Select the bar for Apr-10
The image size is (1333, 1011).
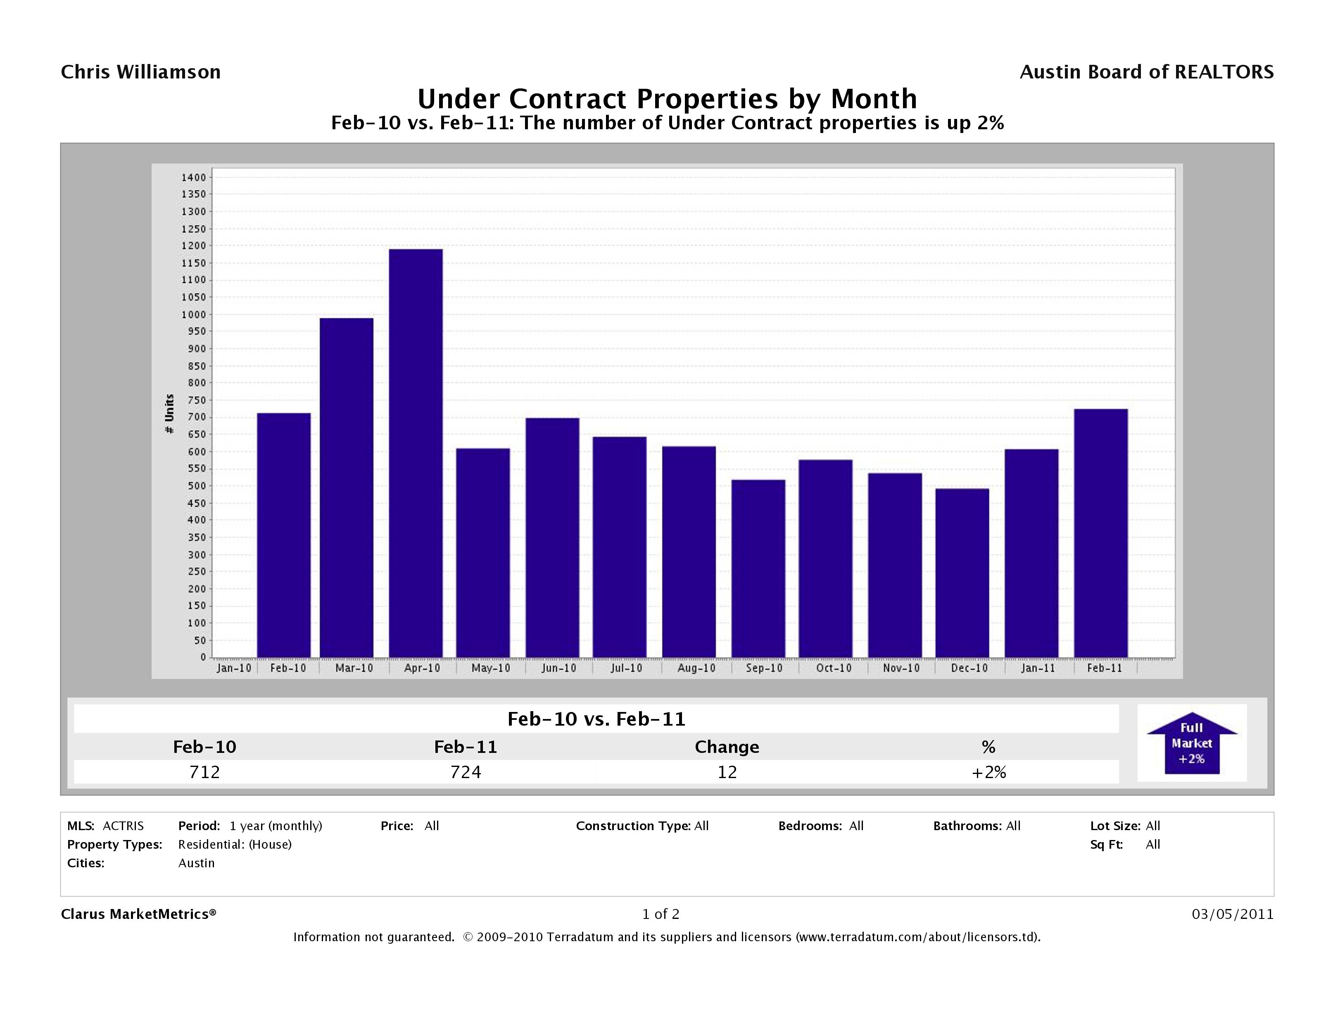(x=416, y=453)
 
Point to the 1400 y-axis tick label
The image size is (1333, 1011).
(x=193, y=177)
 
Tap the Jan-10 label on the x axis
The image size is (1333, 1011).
(x=234, y=668)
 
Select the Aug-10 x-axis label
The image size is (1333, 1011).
(x=696, y=668)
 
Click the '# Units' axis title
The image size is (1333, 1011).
(x=169, y=414)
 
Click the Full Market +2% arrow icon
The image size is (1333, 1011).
(x=1191, y=743)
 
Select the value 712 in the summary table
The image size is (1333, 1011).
(x=204, y=772)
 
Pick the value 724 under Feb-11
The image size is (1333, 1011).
(x=466, y=772)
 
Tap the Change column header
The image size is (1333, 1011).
(x=727, y=747)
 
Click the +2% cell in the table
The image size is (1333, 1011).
(x=988, y=772)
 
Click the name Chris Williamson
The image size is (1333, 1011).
(x=141, y=72)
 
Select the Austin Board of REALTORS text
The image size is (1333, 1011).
(x=1146, y=72)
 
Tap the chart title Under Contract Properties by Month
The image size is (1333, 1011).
(x=667, y=99)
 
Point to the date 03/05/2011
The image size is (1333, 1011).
(x=1232, y=914)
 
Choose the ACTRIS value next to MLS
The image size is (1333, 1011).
(x=123, y=826)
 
